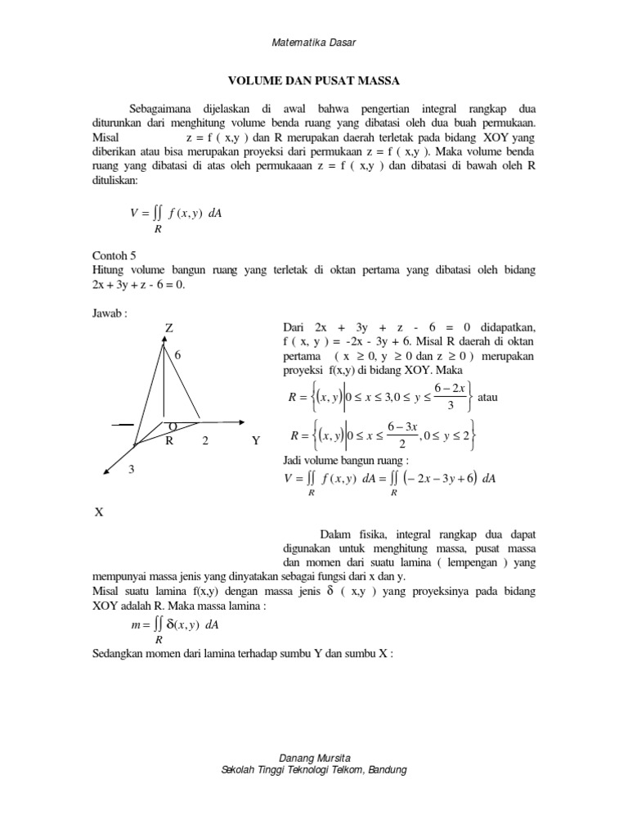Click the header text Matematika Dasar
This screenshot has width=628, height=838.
314,42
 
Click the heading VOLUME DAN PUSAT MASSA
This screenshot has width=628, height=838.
313,82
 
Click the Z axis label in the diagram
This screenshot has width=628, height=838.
169,327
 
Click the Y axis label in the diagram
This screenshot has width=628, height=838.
256,441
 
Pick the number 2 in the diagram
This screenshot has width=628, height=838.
205,441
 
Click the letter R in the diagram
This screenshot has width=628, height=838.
169,441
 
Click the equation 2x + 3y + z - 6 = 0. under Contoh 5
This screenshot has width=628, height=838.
139,285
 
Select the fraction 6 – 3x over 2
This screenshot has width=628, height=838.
402,435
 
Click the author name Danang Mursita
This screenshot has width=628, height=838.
314,758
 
